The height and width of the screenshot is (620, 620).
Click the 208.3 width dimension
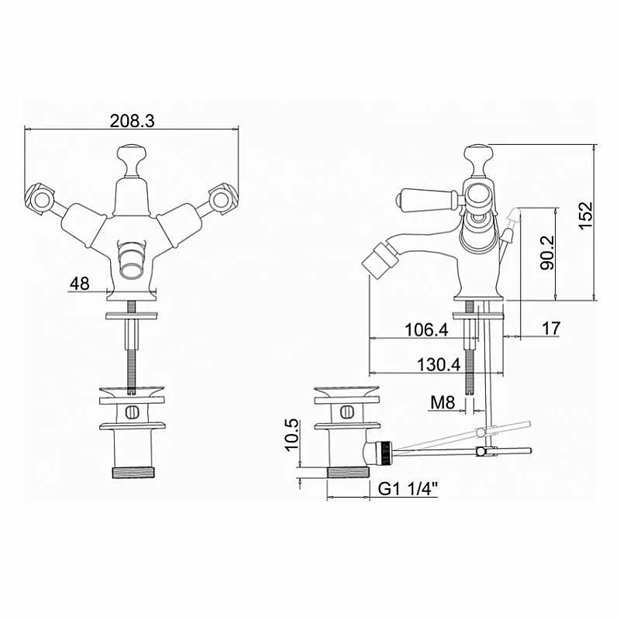click(132, 121)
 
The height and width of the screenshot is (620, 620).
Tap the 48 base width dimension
click(80, 284)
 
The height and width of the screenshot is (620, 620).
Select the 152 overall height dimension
click(586, 215)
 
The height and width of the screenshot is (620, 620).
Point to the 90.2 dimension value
click(548, 253)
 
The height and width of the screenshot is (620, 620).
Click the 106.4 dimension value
click(427, 329)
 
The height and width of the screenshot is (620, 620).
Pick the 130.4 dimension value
click(439, 364)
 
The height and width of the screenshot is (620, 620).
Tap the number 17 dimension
click(551, 328)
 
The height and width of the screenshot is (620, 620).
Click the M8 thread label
click(443, 402)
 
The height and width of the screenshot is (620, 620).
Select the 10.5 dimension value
click(292, 435)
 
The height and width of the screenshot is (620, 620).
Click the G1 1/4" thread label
click(408, 489)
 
